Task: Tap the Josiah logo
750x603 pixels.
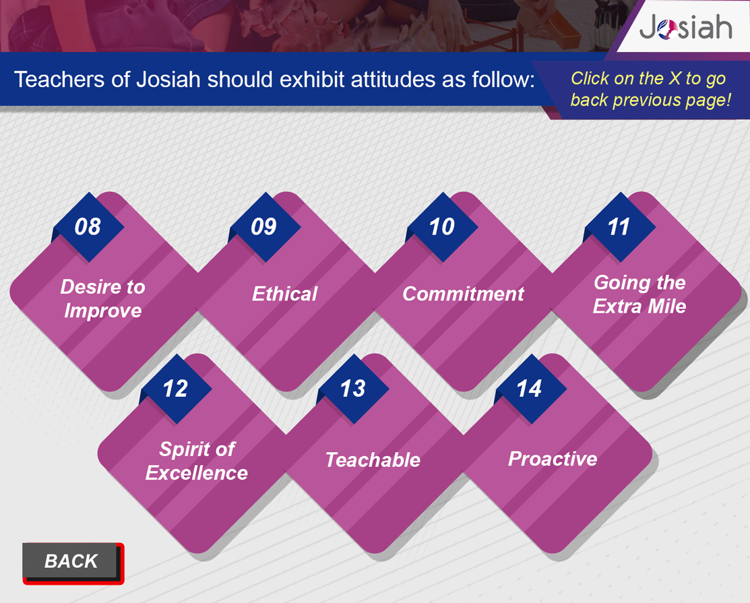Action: pyautogui.click(x=685, y=27)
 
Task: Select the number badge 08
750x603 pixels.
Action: pyautogui.click(x=88, y=227)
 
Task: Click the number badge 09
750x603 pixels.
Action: pyautogui.click(x=265, y=227)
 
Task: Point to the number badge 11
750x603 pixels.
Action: pyautogui.click(x=620, y=227)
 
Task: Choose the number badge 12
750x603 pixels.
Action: pyautogui.click(x=176, y=389)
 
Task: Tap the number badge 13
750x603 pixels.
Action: pyautogui.click(x=354, y=389)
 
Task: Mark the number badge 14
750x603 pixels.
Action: pyautogui.click(x=530, y=389)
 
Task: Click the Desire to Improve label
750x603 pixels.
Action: pyautogui.click(x=103, y=299)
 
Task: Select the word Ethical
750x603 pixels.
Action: pyautogui.click(x=284, y=294)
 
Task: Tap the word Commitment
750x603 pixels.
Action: pyautogui.click(x=463, y=294)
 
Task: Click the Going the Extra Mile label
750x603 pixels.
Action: pyautogui.click(x=639, y=294)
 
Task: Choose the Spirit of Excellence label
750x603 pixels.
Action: pyautogui.click(x=197, y=461)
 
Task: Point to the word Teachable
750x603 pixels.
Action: pyautogui.click(x=373, y=460)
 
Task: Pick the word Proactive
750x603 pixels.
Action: pyautogui.click(x=553, y=459)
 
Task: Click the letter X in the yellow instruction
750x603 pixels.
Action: pyautogui.click(x=675, y=78)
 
